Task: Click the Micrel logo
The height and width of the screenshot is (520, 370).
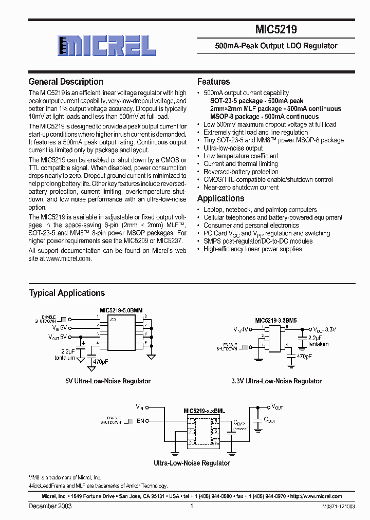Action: coord(106,45)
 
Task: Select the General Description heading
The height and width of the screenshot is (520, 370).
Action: coord(66,82)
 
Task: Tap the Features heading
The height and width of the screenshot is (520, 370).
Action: coord(213,82)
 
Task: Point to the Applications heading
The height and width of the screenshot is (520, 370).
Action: coord(220,198)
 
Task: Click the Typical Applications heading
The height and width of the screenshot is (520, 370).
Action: coord(67,293)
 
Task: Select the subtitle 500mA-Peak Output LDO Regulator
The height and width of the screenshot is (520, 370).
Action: coord(276,46)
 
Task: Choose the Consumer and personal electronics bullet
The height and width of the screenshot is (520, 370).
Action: coord(251,225)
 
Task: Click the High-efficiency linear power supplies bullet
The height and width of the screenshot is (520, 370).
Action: coord(252,249)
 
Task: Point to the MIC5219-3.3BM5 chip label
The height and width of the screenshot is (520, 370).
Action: coord(275,320)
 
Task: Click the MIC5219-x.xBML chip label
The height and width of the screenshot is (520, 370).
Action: coord(205,411)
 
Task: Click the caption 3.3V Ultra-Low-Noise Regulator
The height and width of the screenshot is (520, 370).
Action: coord(276,381)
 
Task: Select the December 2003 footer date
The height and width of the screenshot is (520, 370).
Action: coord(50,506)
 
